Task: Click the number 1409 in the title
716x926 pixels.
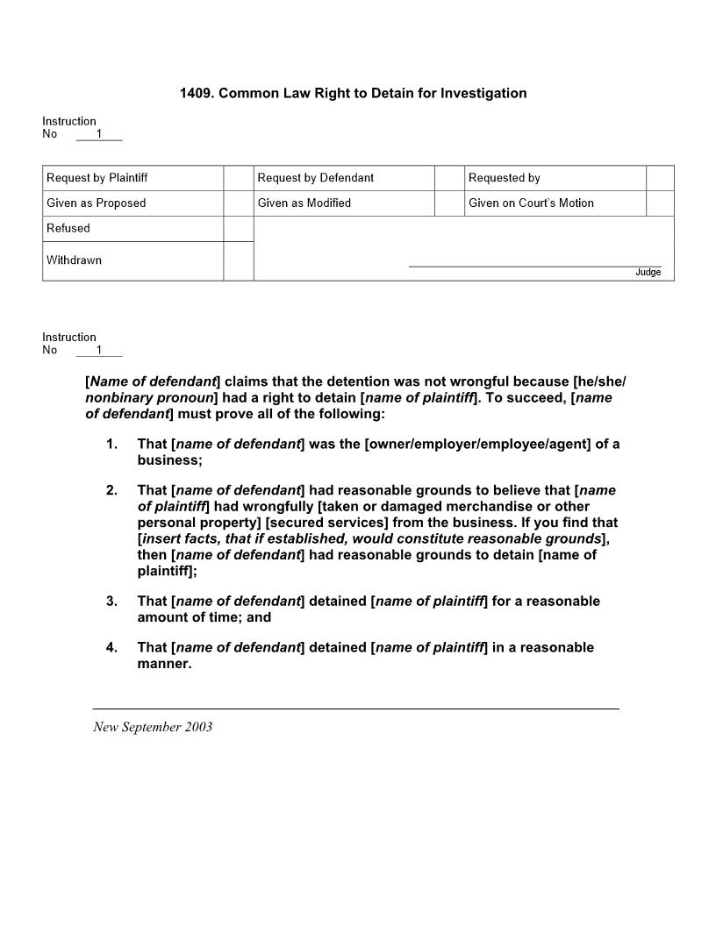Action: [196, 93]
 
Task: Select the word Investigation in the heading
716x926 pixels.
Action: [483, 93]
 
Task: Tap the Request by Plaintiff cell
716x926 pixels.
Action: [97, 178]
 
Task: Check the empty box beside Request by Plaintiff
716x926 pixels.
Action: [238, 178]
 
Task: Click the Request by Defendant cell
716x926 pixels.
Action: [316, 178]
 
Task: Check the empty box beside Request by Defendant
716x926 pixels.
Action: [449, 178]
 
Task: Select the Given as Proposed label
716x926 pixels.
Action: [97, 203]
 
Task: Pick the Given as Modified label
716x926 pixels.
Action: [304, 203]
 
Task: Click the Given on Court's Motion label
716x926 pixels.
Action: [531, 203]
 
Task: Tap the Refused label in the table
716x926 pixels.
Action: [68, 229]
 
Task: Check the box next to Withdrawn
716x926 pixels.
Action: [238, 261]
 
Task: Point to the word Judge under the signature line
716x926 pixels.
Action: [648, 273]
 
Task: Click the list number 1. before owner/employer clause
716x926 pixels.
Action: [111, 445]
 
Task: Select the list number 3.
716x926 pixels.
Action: [111, 602]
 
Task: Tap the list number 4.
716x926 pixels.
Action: [111, 648]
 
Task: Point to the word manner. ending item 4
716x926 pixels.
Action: [164, 664]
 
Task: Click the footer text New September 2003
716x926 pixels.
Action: [153, 727]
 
